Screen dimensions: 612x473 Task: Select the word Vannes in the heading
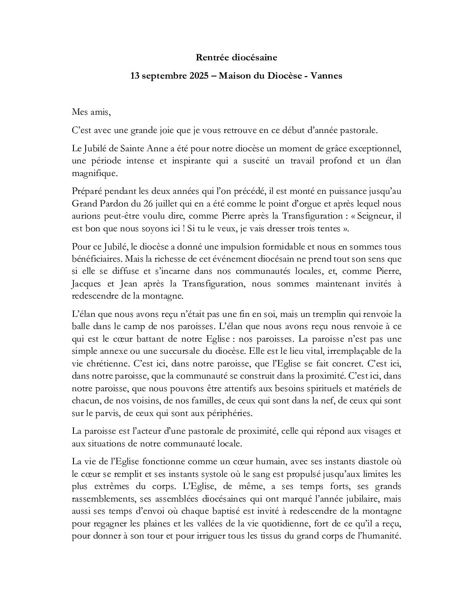[x=327, y=76]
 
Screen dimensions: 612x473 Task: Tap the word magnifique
[x=94, y=173]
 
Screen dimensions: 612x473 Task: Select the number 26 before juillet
[x=157, y=204]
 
